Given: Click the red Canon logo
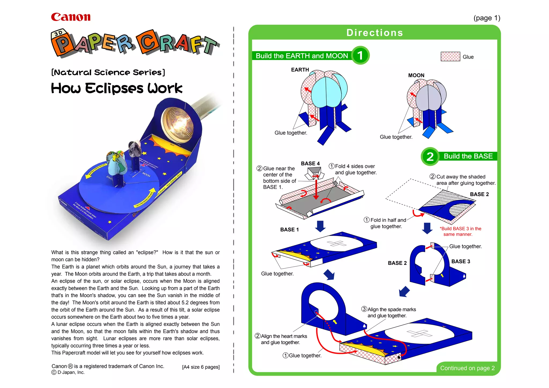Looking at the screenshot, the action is click(x=71, y=17).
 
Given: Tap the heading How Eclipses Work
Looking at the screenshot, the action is click(x=117, y=88).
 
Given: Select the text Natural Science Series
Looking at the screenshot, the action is click(x=108, y=72).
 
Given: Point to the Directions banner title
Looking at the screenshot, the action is click(x=374, y=33).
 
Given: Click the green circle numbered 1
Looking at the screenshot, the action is click(x=360, y=55).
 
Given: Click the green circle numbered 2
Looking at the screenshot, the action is click(x=430, y=156).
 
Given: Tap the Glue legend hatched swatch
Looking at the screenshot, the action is click(x=450, y=57).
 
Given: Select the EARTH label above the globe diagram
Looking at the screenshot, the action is click(x=300, y=70).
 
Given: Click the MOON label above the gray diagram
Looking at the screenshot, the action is click(x=416, y=75).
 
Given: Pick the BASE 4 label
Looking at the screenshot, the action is click(x=310, y=163).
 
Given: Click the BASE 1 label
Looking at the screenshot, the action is click(x=289, y=230).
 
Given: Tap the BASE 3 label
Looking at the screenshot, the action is click(x=461, y=261).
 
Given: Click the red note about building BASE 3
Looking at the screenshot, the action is click(x=460, y=231).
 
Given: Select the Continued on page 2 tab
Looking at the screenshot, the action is click(x=467, y=368).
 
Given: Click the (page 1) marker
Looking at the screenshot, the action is click(x=487, y=18).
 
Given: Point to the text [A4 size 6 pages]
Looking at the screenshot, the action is click(x=201, y=367).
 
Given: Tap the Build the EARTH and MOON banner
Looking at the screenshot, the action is click(x=302, y=56).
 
